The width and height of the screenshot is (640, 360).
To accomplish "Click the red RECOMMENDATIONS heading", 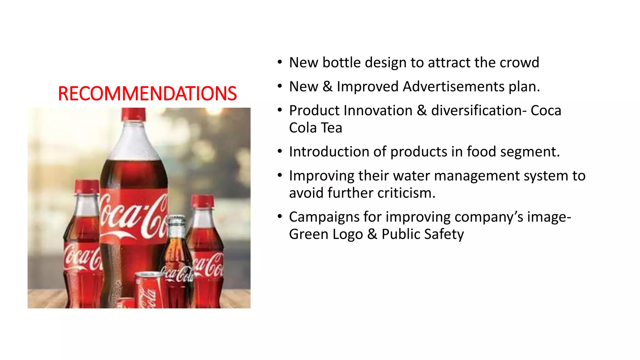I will point(147,93).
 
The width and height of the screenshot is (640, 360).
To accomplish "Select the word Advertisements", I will point(453,87).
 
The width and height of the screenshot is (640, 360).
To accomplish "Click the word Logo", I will point(347,234).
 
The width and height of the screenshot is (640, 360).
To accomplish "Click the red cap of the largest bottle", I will point(133,114).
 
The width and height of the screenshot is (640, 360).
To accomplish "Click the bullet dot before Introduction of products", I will point(280,152).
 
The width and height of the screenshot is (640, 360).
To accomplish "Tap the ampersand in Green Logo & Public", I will point(372,234).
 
